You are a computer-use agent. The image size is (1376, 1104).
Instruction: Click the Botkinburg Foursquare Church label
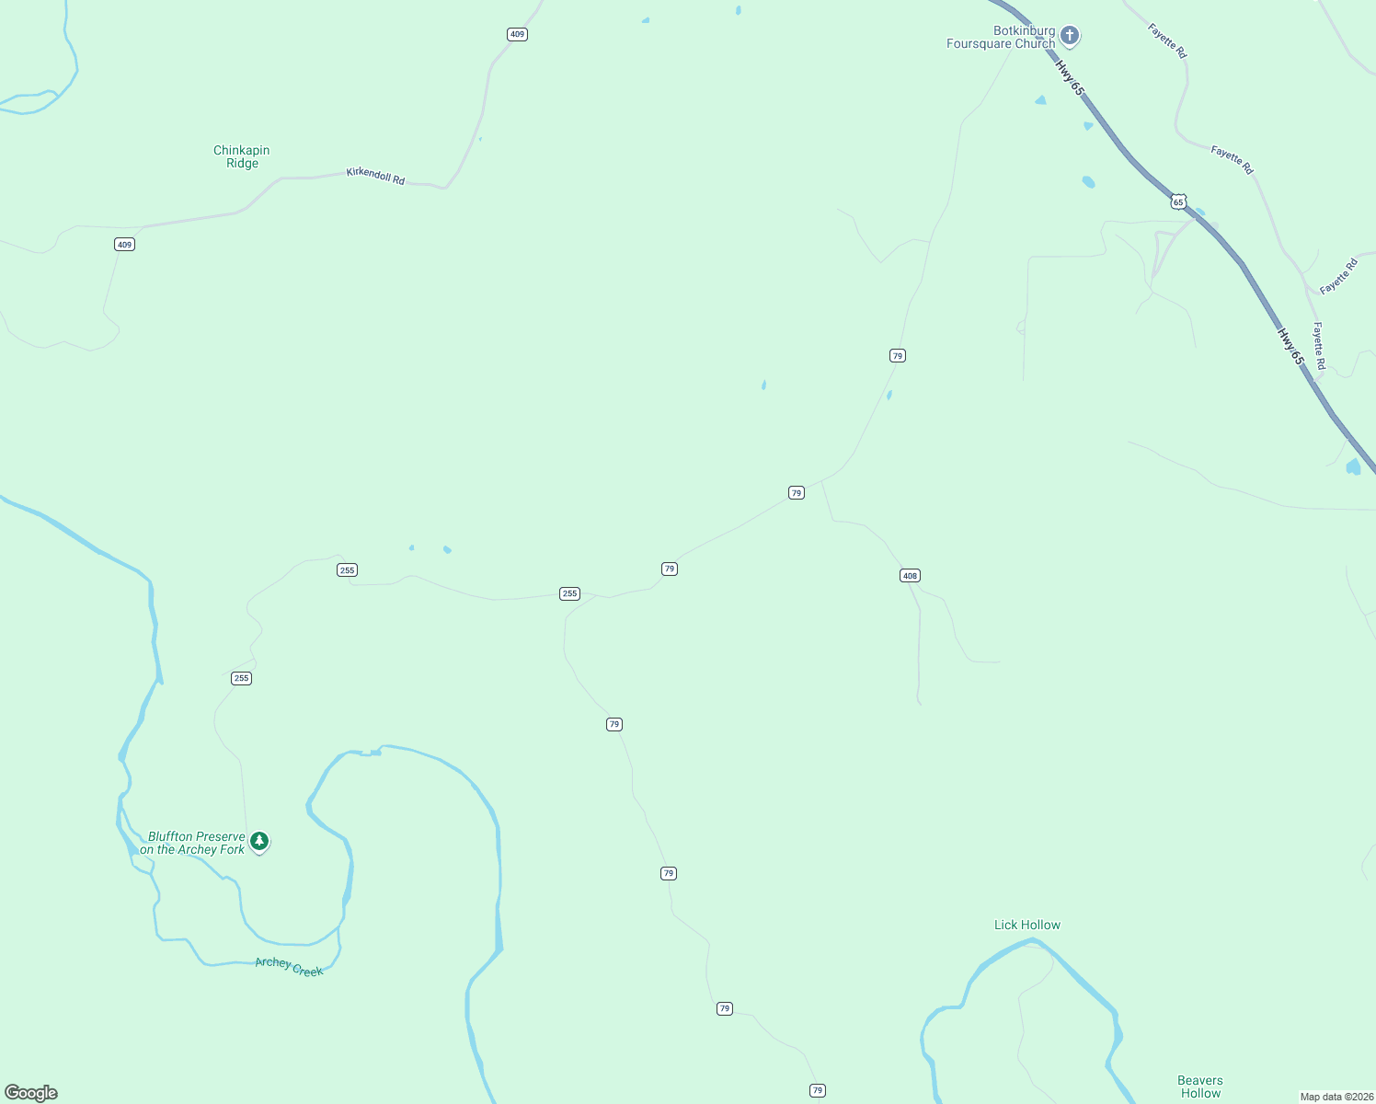click(x=1001, y=37)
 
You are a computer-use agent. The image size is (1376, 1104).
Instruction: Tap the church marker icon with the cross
click(x=1069, y=36)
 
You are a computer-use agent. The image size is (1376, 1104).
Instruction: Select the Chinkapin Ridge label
click(x=242, y=156)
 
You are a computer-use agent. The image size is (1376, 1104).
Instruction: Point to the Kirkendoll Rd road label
click(x=375, y=175)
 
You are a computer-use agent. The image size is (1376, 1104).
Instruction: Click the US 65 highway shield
click(x=1178, y=201)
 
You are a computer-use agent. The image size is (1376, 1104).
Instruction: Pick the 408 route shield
click(x=910, y=576)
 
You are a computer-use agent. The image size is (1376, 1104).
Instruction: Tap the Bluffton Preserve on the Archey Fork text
click(x=194, y=843)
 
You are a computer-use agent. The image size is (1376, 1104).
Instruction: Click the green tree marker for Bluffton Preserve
click(x=259, y=841)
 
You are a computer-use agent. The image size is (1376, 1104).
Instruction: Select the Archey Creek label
click(x=289, y=966)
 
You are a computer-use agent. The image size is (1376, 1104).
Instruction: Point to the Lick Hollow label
click(x=1027, y=925)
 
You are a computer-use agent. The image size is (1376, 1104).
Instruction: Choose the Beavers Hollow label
click(x=1200, y=1087)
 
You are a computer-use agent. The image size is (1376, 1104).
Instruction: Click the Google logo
click(x=31, y=1093)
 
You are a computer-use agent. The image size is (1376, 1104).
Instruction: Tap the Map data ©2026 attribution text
click(x=1336, y=1097)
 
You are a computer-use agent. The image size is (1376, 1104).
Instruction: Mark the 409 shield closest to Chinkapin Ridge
click(x=124, y=244)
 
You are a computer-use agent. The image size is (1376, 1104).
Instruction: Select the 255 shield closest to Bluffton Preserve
click(x=241, y=678)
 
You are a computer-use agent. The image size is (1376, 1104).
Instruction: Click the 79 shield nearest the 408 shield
click(x=797, y=493)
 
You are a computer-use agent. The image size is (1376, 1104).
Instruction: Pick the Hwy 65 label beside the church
click(x=1070, y=77)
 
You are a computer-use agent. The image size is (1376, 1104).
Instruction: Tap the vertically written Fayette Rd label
click(x=1318, y=346)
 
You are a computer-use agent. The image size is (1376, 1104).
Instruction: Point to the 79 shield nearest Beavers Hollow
click(x=818, y=1090)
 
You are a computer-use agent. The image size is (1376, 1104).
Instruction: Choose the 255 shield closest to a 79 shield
click(x=569, y=593)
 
